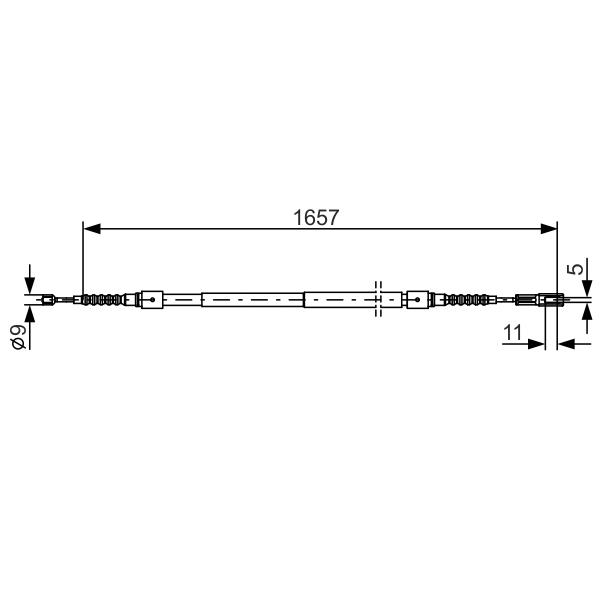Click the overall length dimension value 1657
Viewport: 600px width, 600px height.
tap(316, 217)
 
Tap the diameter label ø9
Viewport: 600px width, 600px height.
tap(19, 337)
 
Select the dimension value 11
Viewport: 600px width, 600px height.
tap(512, 333)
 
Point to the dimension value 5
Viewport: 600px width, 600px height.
tap(575, 267)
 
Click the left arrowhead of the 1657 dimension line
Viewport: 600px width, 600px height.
tap(92, 229)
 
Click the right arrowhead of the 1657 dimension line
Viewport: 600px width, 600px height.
tap(548, 229)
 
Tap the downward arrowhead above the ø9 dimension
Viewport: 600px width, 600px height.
tap(29, 285)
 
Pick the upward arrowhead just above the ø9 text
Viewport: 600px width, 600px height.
tap(29, 314)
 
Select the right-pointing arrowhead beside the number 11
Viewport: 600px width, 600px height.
tap(536, 344)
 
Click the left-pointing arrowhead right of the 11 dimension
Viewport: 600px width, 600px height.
tap(566, 344)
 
